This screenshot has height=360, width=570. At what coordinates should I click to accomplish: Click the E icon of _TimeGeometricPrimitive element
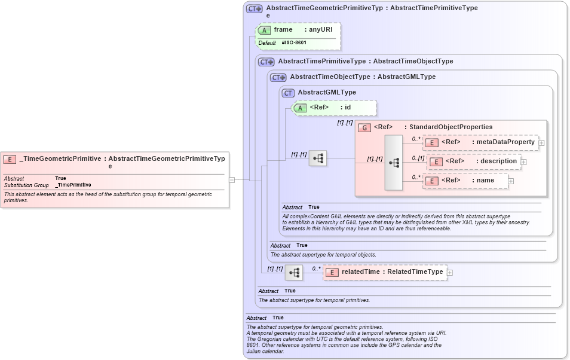(x=10, y=159)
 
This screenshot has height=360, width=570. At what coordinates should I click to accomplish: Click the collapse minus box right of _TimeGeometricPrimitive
(x=232, y=179)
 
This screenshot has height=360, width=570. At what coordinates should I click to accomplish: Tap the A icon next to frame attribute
(x=264, y=30)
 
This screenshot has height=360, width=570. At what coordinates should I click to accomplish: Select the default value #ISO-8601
(x=295, y=43)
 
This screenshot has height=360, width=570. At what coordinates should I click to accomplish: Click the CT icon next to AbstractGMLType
(x=289, y=93)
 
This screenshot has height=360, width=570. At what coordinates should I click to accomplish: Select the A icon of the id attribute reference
(x=301, y=108)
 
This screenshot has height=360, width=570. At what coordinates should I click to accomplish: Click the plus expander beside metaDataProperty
(x=541, y=143)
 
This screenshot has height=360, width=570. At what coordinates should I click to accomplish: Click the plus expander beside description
(x=523, y=161)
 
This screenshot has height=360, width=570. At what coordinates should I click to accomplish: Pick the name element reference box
(x=466, y=181)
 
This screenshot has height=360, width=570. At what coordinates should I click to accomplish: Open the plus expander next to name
(x=511, y=181)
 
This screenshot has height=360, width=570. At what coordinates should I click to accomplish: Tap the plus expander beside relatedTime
(x=450, y=273)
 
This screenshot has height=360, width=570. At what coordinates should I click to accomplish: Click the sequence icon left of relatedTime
(x=294, y=273)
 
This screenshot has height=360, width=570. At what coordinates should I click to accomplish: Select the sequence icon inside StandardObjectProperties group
(x=394, y=163)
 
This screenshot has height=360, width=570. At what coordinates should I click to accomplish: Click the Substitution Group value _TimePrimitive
(x=73, y=185)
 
